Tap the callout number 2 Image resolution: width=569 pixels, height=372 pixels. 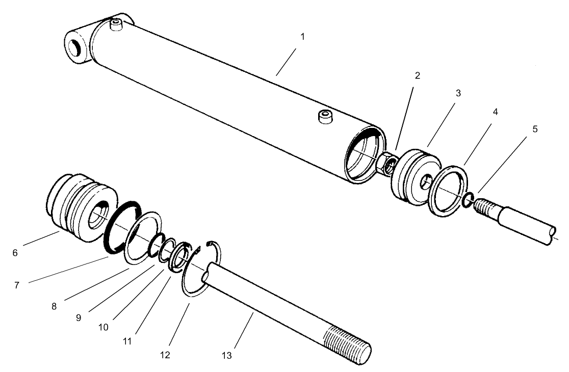coord(417,76)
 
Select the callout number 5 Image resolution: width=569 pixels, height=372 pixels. coord(535,129)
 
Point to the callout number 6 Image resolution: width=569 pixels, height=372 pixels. coord(15,253)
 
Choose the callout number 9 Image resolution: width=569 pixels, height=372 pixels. coord(78,317)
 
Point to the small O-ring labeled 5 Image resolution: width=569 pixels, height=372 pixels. coord(468,200)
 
